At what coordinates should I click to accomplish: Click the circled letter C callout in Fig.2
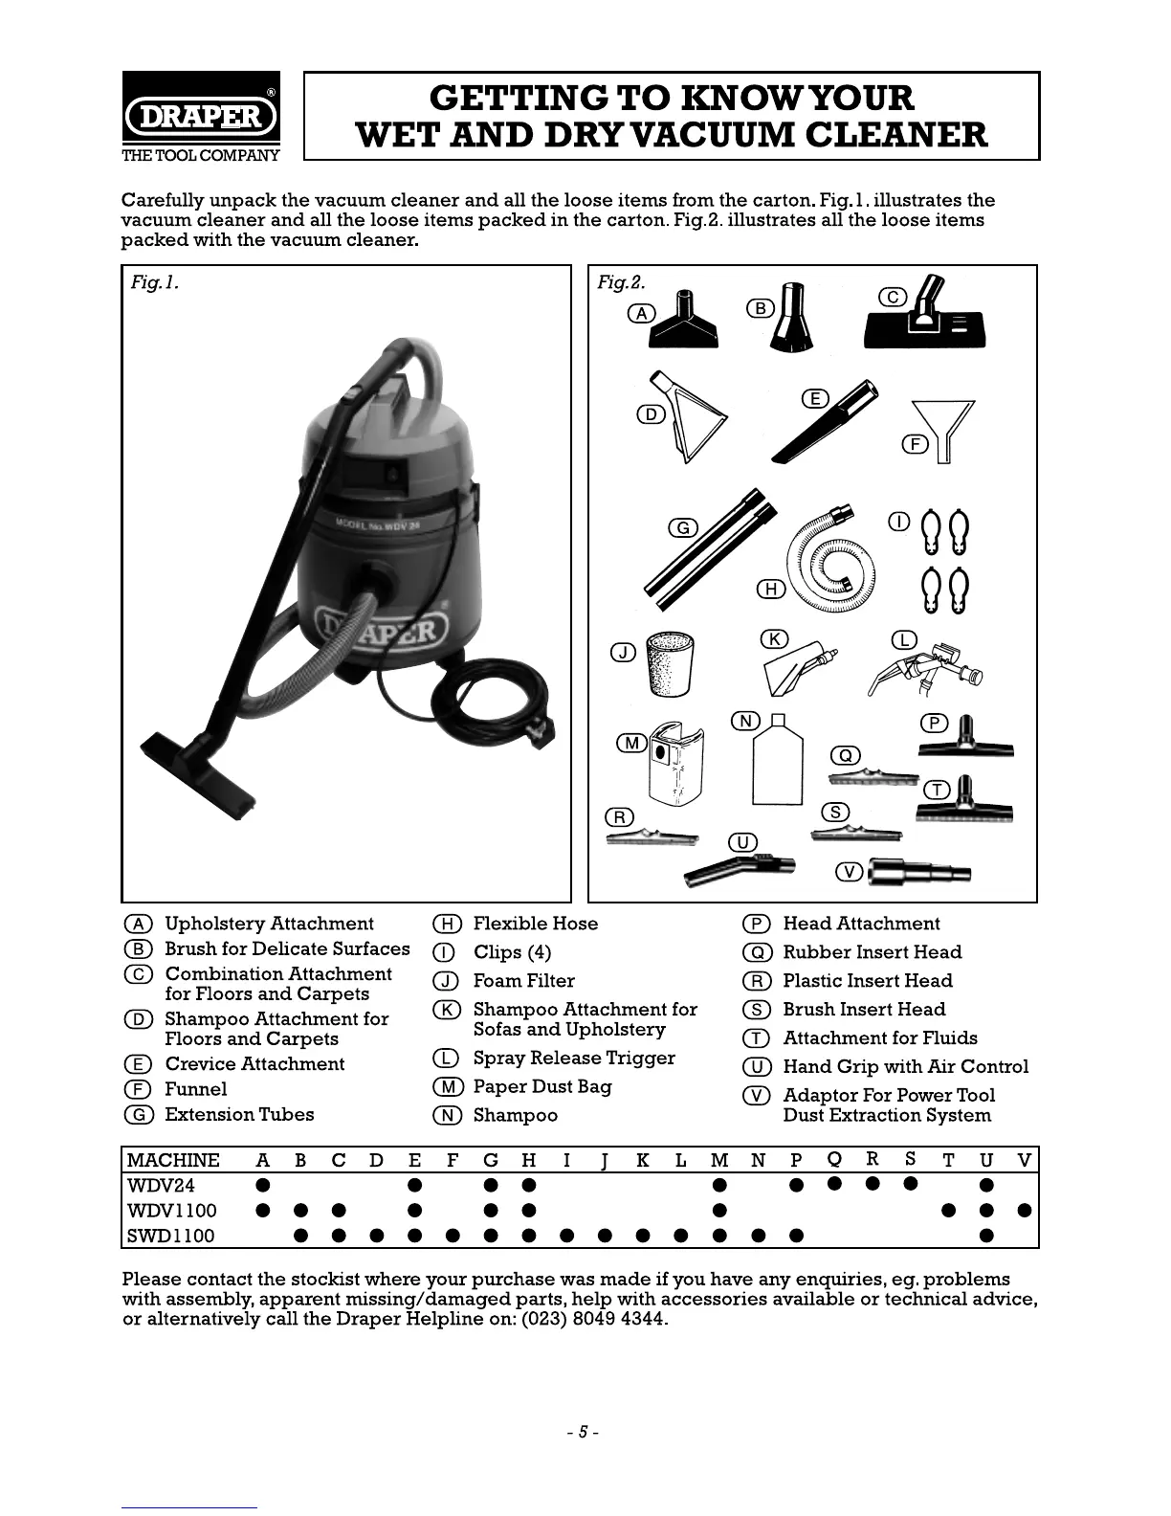(x=893, y=297)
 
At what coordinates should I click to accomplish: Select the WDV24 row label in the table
(x=161, y=1186)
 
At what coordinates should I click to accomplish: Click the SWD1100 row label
(x=170, y=1236)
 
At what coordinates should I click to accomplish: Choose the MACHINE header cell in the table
(x=173, y=1161)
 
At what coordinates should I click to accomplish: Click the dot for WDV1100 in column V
(x=1024, y=1211)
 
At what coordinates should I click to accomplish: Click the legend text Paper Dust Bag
(x=541, y=1087)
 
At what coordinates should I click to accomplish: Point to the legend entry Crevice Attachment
(x=254, y=1064)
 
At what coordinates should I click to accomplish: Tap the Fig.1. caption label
(x=155, y=282)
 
